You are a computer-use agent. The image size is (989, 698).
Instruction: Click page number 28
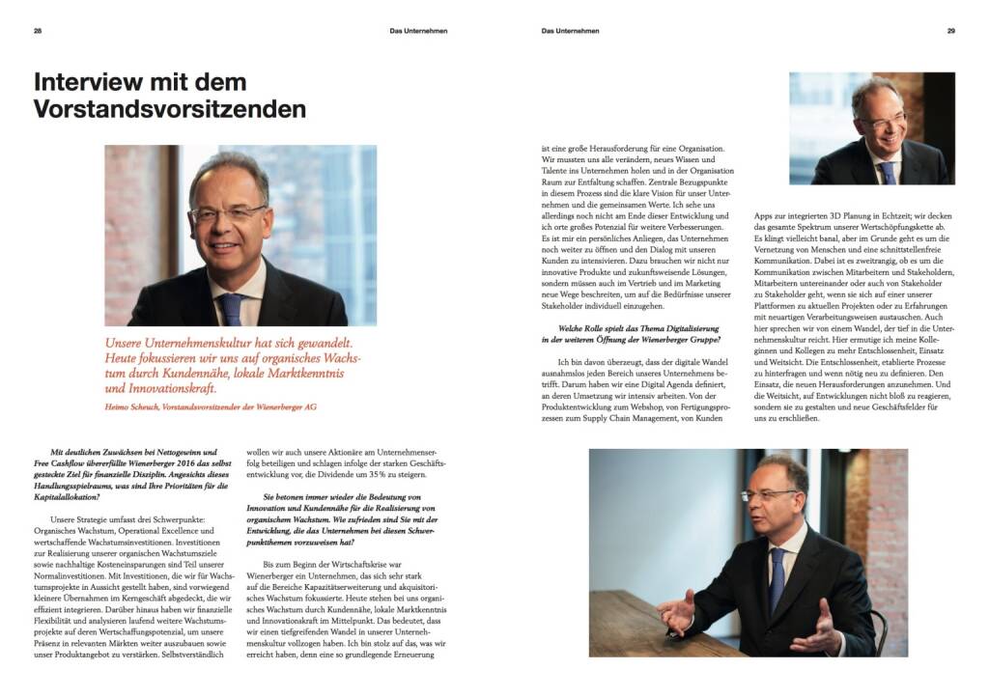[x=38, y=31]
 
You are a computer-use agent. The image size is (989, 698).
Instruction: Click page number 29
[x=950, y=31]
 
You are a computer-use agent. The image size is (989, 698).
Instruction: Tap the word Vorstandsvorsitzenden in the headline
[x=169, y=109]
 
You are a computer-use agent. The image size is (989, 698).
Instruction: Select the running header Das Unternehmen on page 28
[x=418, y=31]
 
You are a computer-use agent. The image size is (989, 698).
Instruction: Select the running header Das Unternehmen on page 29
[x=571, y=31]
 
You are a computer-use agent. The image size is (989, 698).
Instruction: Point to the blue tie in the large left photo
[x=230, y=308]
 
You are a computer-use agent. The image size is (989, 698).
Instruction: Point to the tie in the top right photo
[x=887, y=172]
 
